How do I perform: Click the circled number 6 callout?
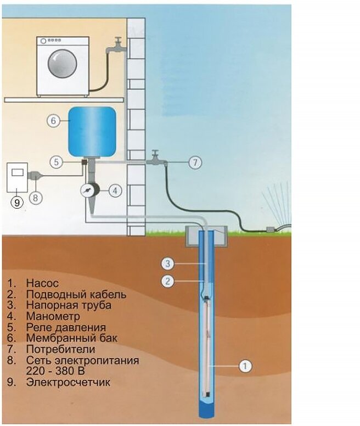coord(53,121)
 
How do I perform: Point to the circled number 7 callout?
coord(196,162)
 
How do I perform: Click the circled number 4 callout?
coord(114,191)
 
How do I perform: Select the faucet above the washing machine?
coord(117,44)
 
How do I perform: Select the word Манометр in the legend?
coord(53,316)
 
